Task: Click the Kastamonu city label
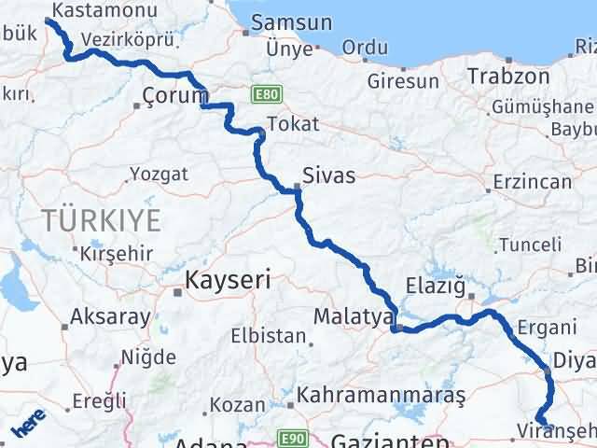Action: point(93,9)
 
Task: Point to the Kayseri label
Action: point(228,279)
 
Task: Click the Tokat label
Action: point(293,123)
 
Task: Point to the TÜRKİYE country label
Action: point(101,221)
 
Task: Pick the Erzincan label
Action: point(533,181)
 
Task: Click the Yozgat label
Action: point(159,174)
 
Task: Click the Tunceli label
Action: point(531,245)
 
